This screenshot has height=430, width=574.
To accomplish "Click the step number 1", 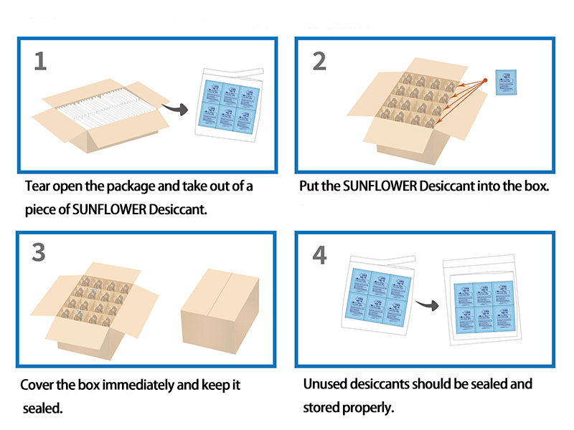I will tap(40, 61).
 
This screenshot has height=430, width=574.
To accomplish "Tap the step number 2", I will tap(319, 61).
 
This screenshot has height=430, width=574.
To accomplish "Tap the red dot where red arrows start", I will tap(485, 80).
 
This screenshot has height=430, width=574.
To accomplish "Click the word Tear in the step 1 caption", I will tap(37, 186).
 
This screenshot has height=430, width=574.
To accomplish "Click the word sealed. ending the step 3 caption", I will tap(44, 409).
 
